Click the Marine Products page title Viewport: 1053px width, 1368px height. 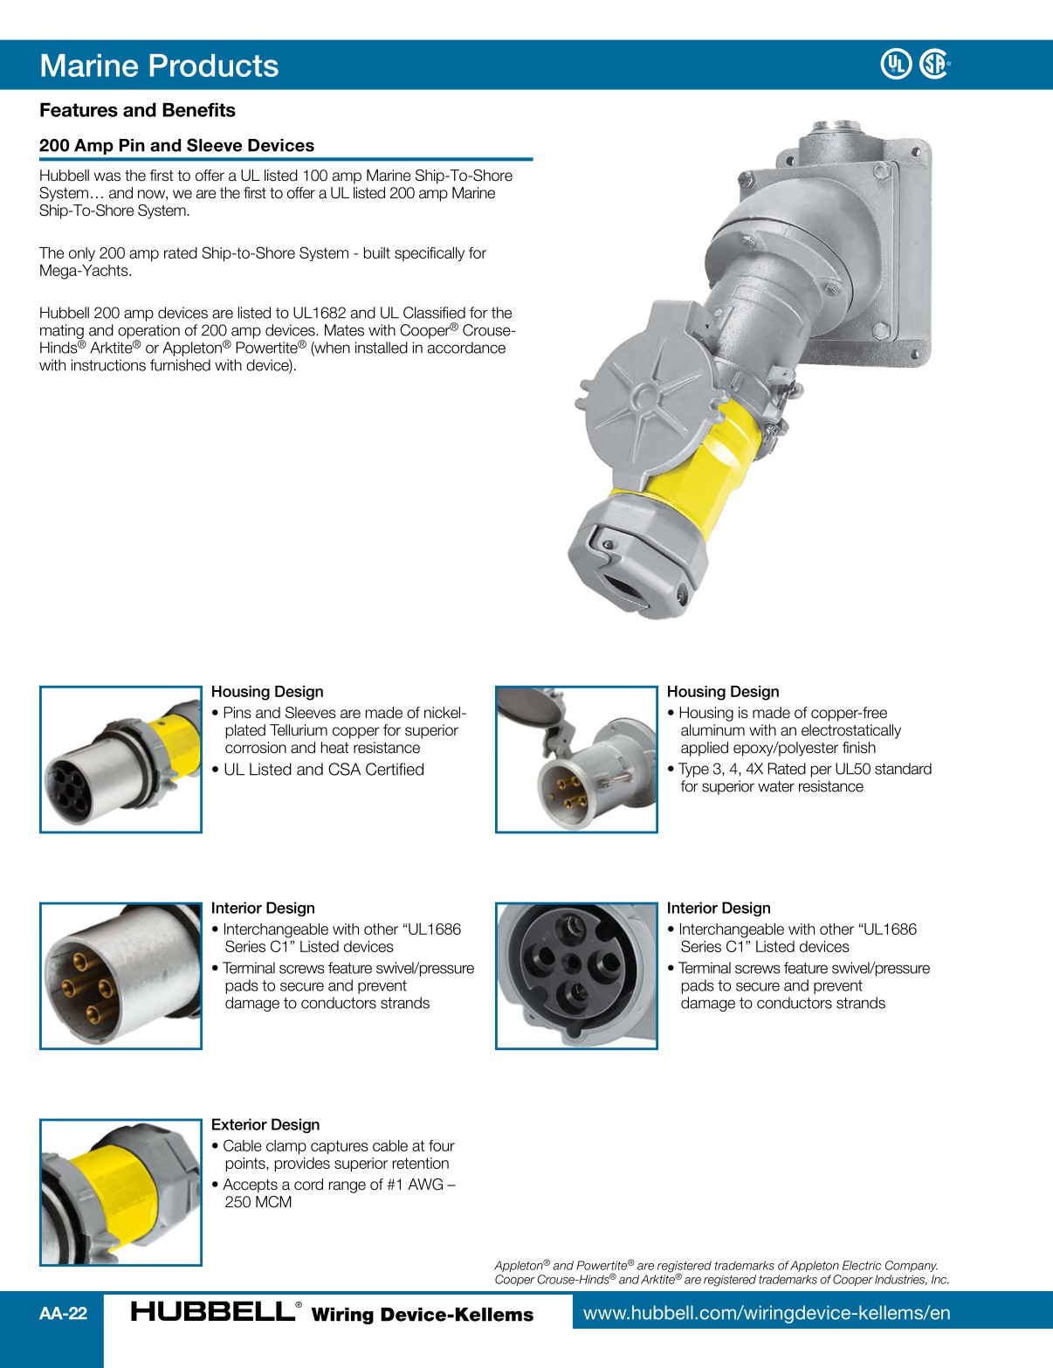coord(159,66)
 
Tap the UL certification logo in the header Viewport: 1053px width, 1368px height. coord(896,64)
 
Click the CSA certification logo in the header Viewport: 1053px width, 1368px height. coord(933,64)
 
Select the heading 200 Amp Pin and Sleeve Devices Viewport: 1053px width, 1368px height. coord(176,146)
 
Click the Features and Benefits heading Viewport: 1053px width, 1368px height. coord(137,110)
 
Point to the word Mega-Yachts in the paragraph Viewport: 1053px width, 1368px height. coord(86,271)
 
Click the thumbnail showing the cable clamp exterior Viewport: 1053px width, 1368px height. coord(120,1192)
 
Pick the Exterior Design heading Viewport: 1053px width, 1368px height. coord(265,1125)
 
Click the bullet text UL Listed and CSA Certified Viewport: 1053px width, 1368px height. coord(323,770)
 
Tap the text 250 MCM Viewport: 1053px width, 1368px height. coord(258,1202)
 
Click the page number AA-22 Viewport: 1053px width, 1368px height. coord(63,1313)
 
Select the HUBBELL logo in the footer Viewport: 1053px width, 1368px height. coord(213,1311)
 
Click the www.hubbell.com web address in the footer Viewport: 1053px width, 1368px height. coord(767,1313)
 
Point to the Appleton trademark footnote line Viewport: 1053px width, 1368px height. coord(716,1265)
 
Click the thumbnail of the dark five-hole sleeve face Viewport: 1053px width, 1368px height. coord(576,976)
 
